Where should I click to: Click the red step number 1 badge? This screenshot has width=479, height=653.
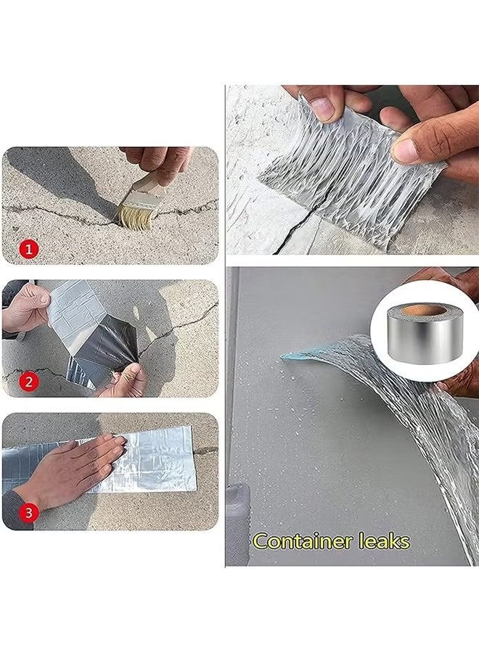(28, 249)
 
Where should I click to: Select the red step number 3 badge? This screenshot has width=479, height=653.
(28, 512)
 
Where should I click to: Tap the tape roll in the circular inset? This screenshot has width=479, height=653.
(422, 332)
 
